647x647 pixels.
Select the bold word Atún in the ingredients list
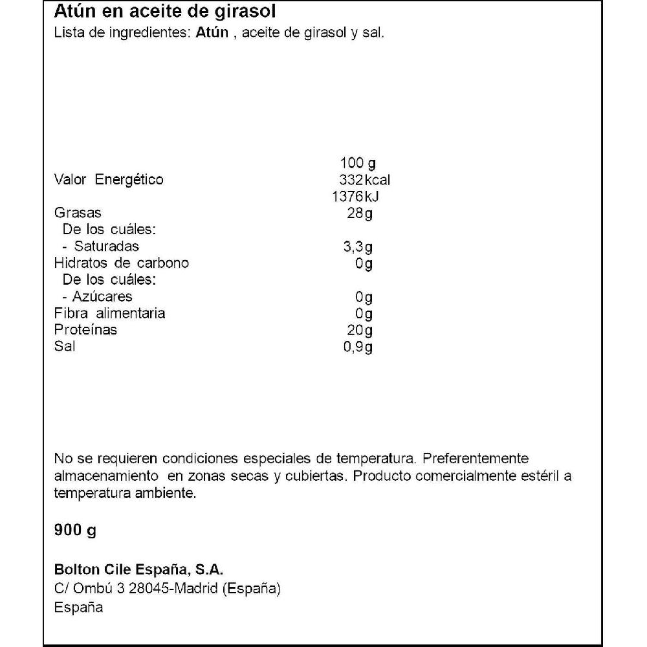tap(212, 33)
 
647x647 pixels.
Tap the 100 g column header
tap(357, 162)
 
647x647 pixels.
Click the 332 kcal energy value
tap(364, 180)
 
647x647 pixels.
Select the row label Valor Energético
tap(109, 180)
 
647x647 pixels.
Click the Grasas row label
tap(78, 214)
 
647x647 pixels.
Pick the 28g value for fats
tap(360, 214)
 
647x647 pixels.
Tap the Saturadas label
tap(106, 247)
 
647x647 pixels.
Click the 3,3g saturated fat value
tap(358, 247)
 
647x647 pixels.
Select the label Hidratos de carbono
tap(122, 263)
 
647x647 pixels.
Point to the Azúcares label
tap(103, 296)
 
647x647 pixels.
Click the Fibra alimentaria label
tap(109, 313)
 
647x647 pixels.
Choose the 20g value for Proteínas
tap(360, 330)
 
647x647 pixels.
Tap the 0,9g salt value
tap(358, 347)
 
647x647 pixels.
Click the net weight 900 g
tap(75, 531)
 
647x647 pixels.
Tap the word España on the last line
tap(78, 608)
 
